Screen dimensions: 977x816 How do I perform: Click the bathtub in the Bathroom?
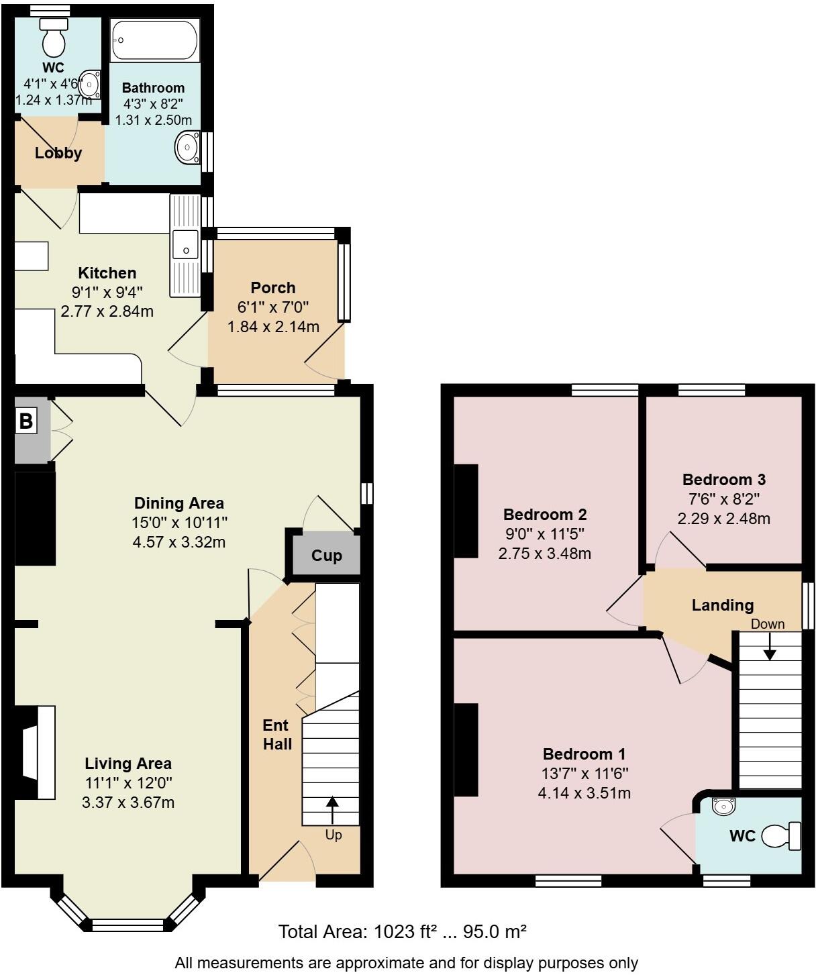(x=154, y=41)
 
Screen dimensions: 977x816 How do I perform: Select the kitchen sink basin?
(x=185, y=244)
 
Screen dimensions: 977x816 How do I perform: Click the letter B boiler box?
(x=25, y=421)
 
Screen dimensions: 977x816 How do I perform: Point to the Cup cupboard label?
(x=327, y=556)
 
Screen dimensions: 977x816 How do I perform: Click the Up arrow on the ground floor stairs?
(x=333, y=809)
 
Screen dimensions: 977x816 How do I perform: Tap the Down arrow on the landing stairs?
(x=770, y=646)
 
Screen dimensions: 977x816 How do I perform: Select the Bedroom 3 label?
(x=723, y=480)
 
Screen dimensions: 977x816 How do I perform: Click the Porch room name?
(x=273, y=288)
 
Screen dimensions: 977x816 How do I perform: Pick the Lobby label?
(x=58, y=153)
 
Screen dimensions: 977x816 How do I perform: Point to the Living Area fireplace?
(x=38, y=752)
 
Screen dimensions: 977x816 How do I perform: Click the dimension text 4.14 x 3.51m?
(x=584, y=793)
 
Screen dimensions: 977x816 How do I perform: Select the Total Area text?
(x=402, y=931)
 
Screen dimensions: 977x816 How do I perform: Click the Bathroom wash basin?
(x=187, y=148)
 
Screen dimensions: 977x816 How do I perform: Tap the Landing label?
(x=723, y=605)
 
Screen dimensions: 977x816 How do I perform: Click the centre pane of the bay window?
(x=127, y=925)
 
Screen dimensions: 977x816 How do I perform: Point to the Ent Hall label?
(x=276, y=735)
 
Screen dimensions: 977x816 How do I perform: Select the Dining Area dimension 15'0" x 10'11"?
(x=179, y=523)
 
